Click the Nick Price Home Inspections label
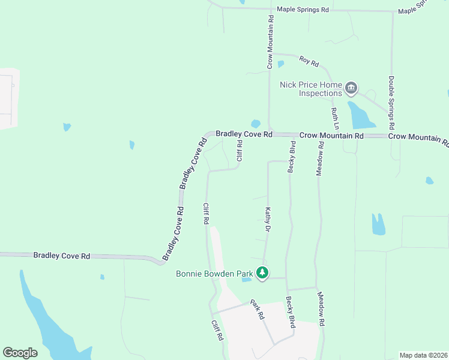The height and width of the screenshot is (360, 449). pyautogui.click(x=310, y=89)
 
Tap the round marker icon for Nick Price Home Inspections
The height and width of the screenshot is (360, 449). pyautogui.click(x=351, y=89)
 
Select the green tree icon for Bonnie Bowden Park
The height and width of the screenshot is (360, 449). pyautogui.click(x=262, y=273)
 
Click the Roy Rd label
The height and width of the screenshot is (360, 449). pyautogui.click(x=309, y=61)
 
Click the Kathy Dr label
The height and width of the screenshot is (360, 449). pyautogui.click(x=268, y=220)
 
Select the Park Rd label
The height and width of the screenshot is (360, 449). pyautogui.click(x=258, y=308)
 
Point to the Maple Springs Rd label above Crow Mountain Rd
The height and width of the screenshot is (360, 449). pyautogui.click(x=303, y=10)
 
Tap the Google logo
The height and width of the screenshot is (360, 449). pyautogui.click(x=20, y=352)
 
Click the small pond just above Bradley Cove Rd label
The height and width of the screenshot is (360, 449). pyautogui.click(x=256, y=124)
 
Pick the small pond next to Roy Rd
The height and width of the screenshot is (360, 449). pyautogui.click(x=280, y=64)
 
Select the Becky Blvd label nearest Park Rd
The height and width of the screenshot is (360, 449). pyautogui.click(x=291, y=312)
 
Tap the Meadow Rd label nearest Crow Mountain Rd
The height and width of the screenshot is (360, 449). pyautogui.click(x=321, y=158)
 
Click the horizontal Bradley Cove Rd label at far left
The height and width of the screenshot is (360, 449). pyautogui.click(x=62, y=256)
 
